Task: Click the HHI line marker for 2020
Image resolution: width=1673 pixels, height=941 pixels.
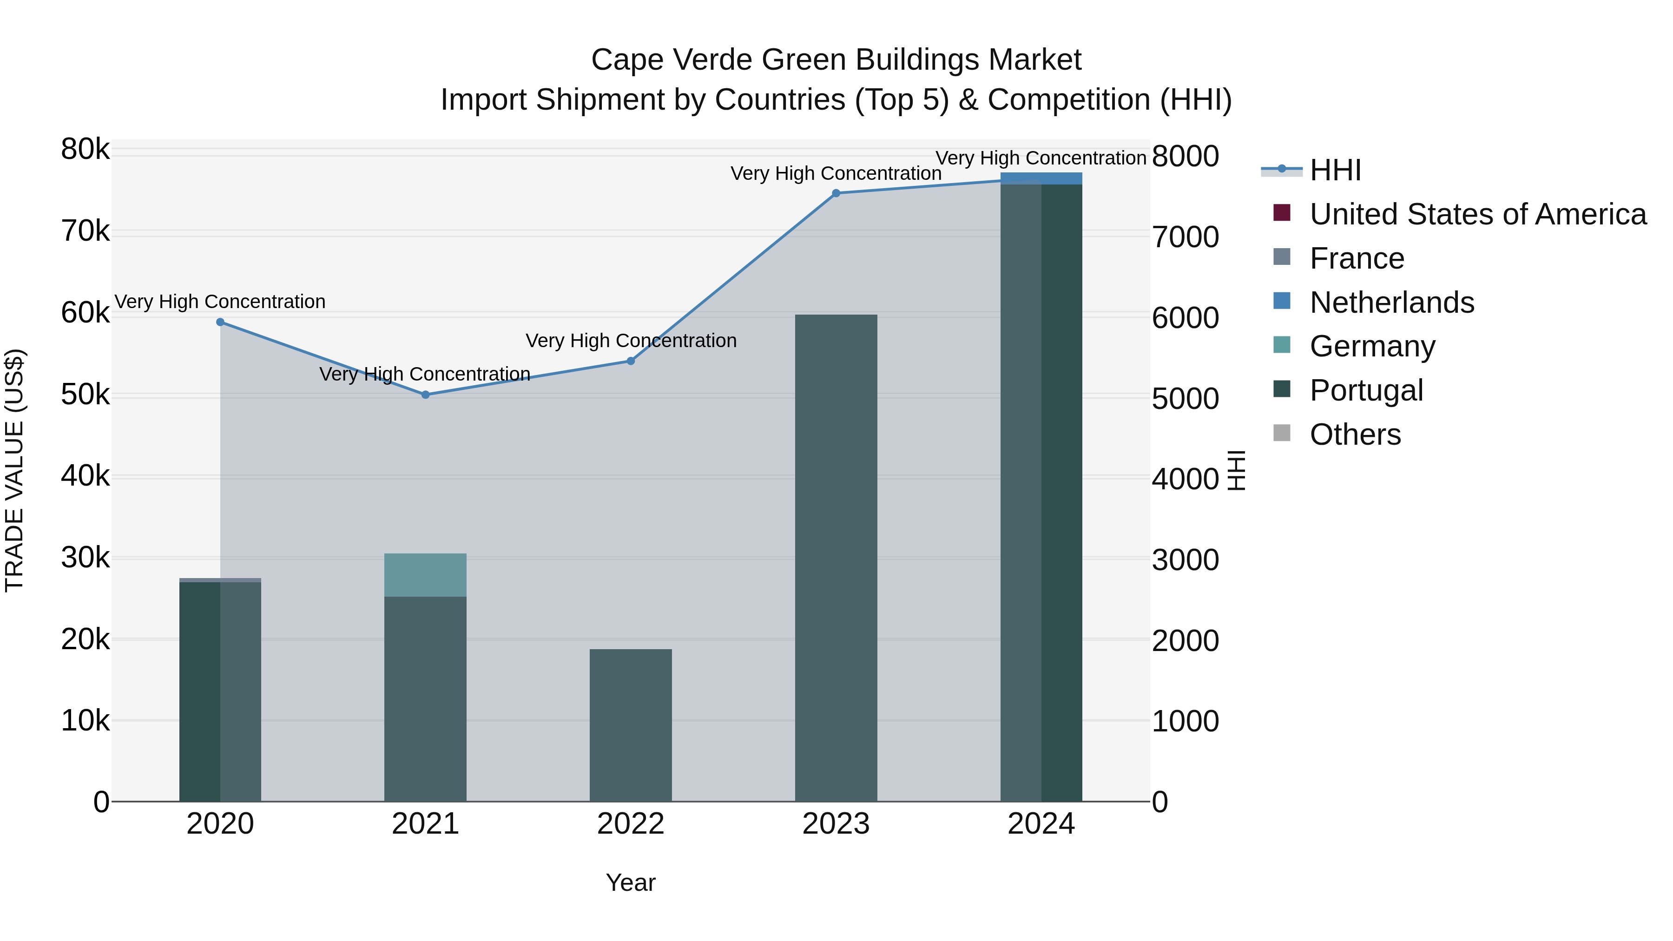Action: click(220, 322)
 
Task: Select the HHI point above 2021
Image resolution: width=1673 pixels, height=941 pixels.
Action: click(425, 395)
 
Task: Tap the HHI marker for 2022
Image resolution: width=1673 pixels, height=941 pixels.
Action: click(631, 361)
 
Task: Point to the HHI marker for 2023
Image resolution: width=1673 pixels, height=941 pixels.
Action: click(836, 193)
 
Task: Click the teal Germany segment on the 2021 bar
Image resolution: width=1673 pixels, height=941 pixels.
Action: click(425, 575)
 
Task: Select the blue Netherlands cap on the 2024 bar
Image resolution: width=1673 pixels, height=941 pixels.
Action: click(1041, 178)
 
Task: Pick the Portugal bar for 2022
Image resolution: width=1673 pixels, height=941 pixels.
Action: click(631, 725)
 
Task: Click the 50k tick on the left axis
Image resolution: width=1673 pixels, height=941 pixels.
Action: click(85, 395)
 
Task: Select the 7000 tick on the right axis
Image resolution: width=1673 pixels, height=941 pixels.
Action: click(1185, 237)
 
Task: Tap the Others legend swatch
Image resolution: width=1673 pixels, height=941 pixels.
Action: click(1282, 433)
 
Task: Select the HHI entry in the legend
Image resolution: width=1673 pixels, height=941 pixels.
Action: click(1335, 170)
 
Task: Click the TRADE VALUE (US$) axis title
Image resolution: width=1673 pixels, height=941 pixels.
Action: click(14, 470)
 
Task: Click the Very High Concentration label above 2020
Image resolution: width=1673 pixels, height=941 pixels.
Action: click(220, 302)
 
